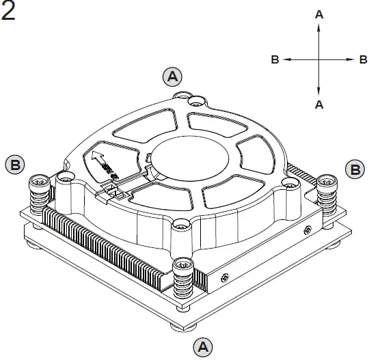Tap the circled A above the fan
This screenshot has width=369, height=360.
(x=173, y=75)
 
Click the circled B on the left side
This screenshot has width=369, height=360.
(x=15, y=165)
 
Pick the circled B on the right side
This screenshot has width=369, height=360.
(x=354, y=169)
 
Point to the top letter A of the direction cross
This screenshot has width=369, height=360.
(x=318, y=14)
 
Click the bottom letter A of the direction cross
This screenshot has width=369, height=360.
(x=318, y=105)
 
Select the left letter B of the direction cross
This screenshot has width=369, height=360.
(x=275, y=60)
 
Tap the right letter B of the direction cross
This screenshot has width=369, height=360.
(x=363, y=60)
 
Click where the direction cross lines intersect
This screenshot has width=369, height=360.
(x=318, y=60)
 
